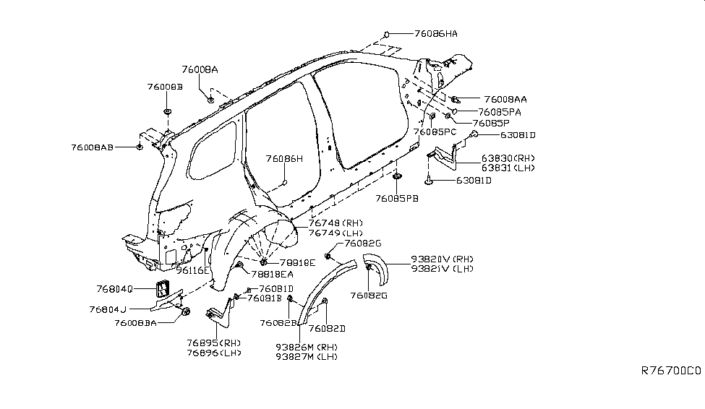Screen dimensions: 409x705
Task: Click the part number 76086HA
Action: click(x=436, y=33)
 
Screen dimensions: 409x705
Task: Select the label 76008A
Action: click(x=200, y=69)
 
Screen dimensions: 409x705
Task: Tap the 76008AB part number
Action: click(x=93, y=147)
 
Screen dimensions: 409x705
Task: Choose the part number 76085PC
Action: click(x=435, y=132)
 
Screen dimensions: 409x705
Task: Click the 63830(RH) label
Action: click(x=508, y=158)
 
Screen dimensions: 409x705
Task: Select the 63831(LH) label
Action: click(x=508, y=167)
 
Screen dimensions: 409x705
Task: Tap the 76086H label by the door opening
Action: click(x=284, y=158)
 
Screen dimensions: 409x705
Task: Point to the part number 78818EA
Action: click(x=272, y=274)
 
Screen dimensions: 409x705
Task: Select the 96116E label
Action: click(x=192, y=270)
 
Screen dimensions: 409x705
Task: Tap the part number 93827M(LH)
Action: click(x=306, y=357)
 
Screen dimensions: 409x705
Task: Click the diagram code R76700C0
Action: click(x=671, y=371)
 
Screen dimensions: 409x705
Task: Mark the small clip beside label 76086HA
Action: click(x=387, y=33)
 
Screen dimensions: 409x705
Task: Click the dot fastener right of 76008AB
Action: click(x=138, y=147)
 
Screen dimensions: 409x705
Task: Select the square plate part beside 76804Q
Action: click(x=161, y=289)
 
